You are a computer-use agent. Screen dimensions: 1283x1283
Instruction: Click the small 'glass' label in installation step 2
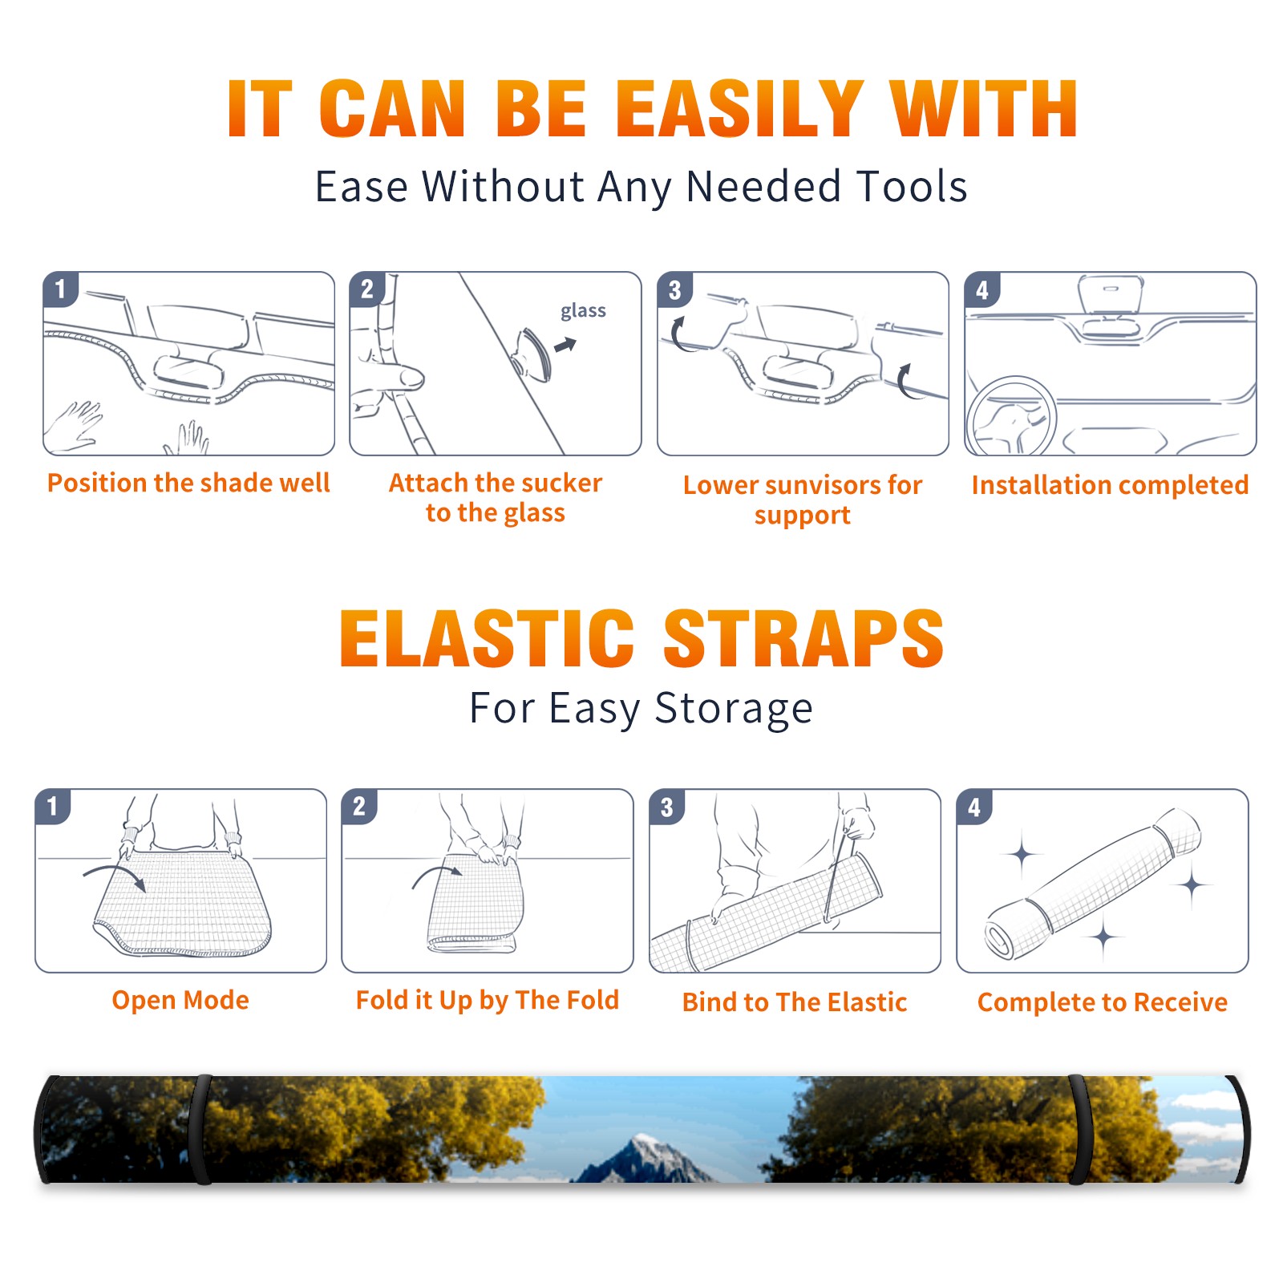583,311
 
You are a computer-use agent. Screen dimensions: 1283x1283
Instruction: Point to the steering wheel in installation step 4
1011,417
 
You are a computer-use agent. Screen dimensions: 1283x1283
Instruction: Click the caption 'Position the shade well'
188,483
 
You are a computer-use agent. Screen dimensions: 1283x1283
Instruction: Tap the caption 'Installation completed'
1110,485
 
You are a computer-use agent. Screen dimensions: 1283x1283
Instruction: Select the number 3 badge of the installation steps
674,289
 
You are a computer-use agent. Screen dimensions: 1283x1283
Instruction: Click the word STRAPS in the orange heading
803,638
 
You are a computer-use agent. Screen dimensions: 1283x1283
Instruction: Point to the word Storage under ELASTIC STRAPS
734,709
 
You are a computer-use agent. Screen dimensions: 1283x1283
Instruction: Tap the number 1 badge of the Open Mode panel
53,806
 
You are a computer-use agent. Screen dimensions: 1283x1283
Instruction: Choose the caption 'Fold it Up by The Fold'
488,1001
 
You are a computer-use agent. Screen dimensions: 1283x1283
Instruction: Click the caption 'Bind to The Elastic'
795,1002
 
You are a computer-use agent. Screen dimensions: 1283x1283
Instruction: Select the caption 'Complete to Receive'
1103,1002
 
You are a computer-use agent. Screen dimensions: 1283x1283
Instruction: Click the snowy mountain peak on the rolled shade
643,1153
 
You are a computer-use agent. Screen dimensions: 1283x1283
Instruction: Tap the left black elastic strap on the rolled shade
201,1130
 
